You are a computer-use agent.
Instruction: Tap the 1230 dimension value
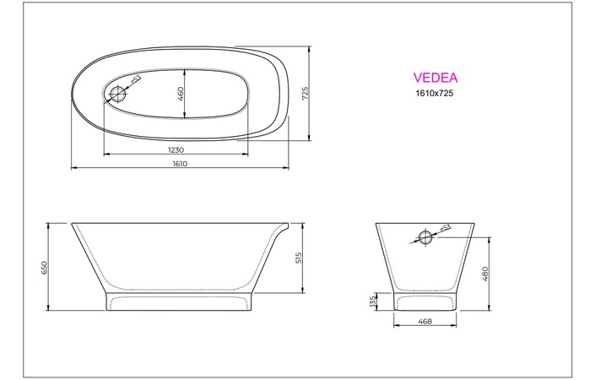pos(176,149)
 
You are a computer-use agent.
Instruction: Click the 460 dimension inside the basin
pos(181,93)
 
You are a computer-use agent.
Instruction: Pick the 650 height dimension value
pos(45,267)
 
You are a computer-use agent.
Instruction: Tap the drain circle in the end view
pos(427,234)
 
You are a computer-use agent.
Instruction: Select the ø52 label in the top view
pos(135,80)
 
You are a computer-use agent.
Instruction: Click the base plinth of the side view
pos(177,301)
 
